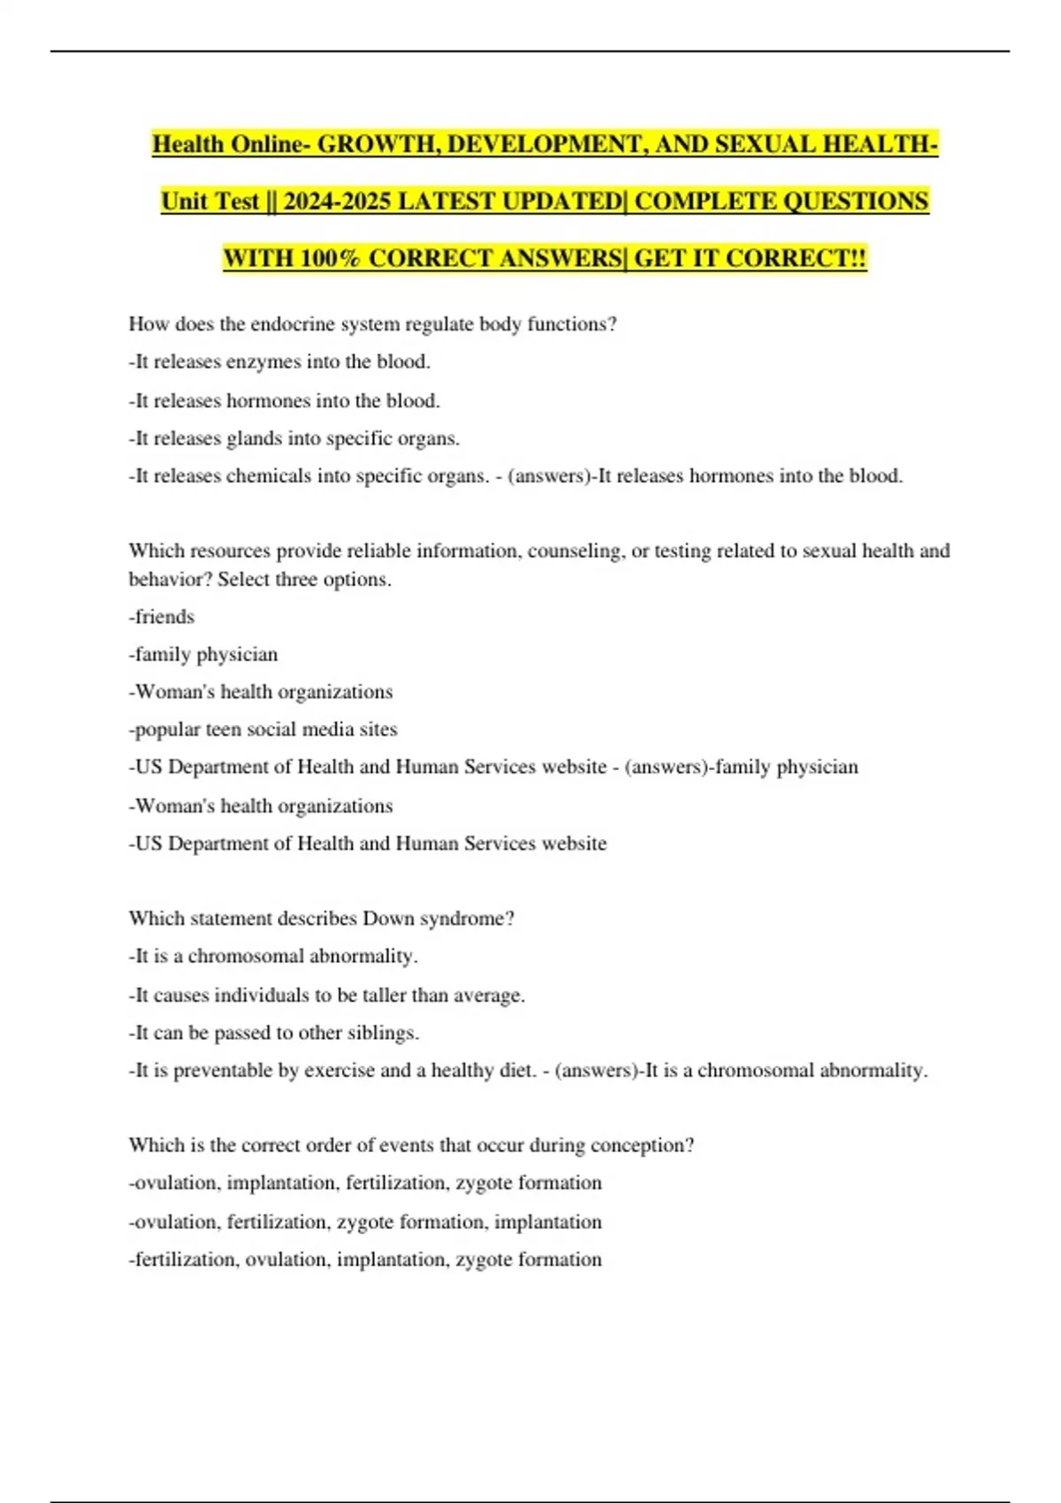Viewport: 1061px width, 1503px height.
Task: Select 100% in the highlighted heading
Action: point(331,259)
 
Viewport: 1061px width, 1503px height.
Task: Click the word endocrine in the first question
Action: point(287,324)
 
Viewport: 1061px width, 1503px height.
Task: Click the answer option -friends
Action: point(162,617)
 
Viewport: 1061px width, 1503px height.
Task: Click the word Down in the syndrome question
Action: point(383,919)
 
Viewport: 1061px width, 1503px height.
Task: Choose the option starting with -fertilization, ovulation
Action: point(365,1260)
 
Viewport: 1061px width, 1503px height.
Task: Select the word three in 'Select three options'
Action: point(298,580)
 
